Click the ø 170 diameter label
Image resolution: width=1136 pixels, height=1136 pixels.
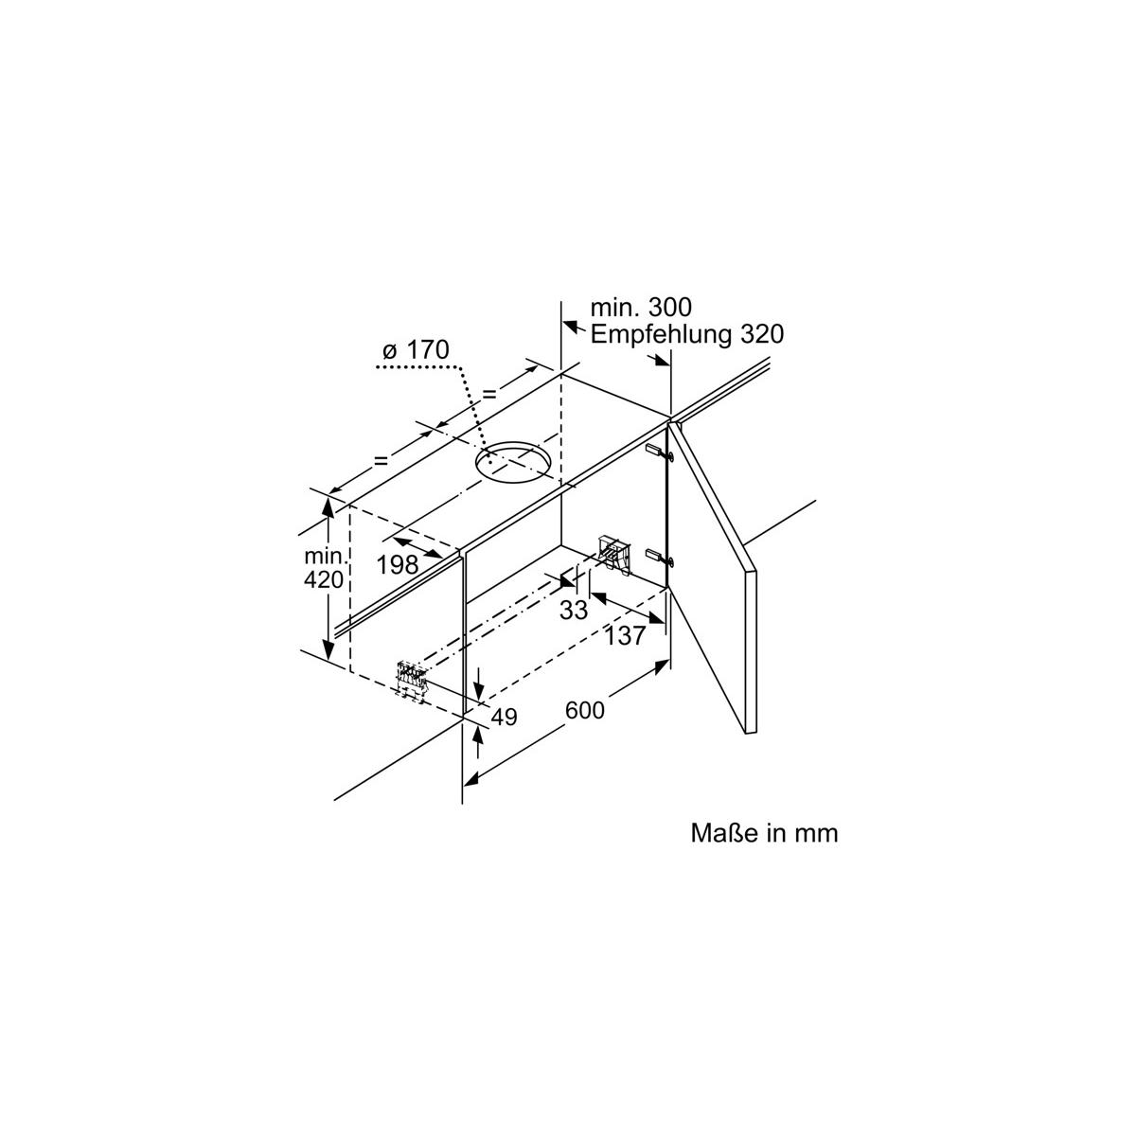pos(414,350)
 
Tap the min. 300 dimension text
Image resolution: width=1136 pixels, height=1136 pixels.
pos(641,308)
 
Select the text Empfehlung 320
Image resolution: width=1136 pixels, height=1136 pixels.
pos(687,334)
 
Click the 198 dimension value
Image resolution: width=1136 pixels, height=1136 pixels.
pos(398,566)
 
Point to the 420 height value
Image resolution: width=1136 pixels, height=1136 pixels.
pos(324,579)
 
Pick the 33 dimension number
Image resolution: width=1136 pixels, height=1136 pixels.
pos(574,612)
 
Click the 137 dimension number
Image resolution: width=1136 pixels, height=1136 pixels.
pos(625,636)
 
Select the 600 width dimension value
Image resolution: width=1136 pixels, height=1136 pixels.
pos(585,710)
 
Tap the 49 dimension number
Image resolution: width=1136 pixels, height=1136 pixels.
pos(504,718)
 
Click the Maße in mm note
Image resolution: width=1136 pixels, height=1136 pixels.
pos(764,833)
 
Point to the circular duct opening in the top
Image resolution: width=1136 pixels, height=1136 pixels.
pos(513,461)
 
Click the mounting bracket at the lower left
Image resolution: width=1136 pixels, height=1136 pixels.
pos(412,680)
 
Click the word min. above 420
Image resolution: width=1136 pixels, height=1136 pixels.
pos(324,556)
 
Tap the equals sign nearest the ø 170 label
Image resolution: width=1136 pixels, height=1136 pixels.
pos(490,393)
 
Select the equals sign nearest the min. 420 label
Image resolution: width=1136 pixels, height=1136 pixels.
pos(381,461)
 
